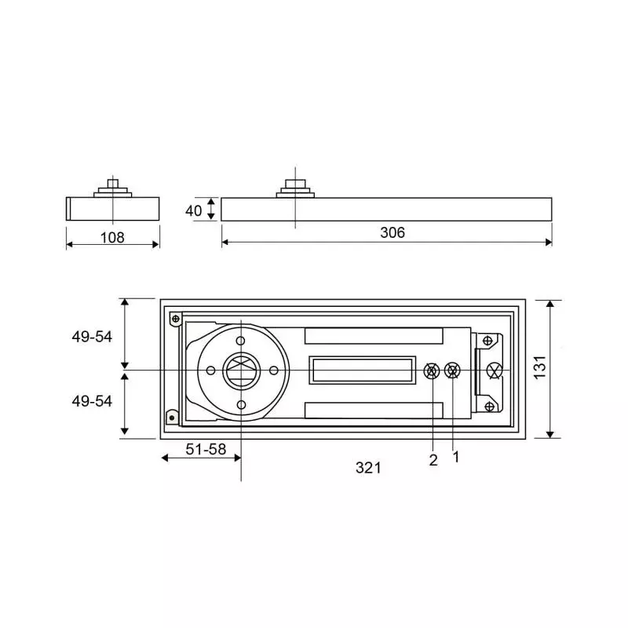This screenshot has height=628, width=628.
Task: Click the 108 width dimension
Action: click(112, 237)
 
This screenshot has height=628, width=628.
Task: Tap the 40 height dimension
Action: click(194, 210)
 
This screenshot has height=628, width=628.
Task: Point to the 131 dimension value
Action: click(539, 367)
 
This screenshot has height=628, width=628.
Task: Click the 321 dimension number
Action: click(367, 468)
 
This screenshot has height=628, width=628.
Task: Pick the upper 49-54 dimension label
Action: click(92, 336)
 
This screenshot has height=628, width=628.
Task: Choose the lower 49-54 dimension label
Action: click(92, 400)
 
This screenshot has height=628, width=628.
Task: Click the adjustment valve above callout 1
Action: click(452, 371)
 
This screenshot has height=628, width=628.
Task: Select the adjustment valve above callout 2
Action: click(431, 371)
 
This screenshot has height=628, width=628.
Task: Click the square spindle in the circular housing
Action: click(240, 370)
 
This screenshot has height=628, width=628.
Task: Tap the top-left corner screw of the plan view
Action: click(175, 318)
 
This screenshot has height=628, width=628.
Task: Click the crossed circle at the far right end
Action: click(494, 371)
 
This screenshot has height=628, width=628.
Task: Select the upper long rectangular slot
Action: click(374, 336)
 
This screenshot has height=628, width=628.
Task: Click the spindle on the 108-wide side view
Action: click(113, 187)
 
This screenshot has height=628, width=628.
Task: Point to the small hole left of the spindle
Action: click(210, 370)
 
